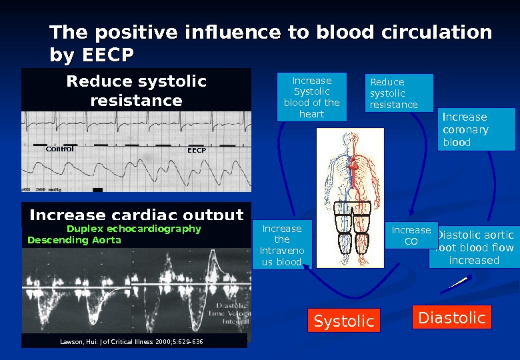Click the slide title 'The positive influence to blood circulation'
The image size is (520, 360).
(x=271, y=33)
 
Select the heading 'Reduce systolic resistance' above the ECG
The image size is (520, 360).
(x=136, y=91)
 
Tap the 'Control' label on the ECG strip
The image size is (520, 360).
(x=59, y=149)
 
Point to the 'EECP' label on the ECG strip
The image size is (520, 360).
(x=197, y=151)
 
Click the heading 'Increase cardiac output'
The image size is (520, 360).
(x=136, y=215)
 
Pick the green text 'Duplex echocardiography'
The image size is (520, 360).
(x=133, y=229)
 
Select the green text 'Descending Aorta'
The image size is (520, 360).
(x=74, y=240)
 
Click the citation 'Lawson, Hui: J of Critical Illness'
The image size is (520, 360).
(x=131, y=341)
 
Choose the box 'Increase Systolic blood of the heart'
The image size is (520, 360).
(x=312, y=97)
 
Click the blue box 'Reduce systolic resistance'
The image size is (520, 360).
(x=399, y=93)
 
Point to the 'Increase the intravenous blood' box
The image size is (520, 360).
(x=282, y=245)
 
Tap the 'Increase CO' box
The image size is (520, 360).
(x=411, y=235)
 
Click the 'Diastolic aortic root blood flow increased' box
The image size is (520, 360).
(x=474, y=247)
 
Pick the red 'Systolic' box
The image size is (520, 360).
(x=343, y=321)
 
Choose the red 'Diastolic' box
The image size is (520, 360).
(x=451, y=318)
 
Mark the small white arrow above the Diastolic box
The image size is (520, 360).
(x=453, y=284)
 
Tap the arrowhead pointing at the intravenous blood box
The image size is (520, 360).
(x=306, y=266)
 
